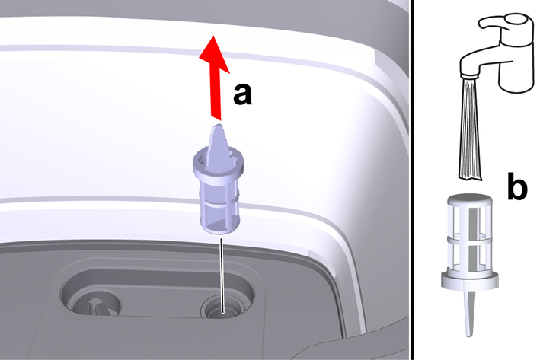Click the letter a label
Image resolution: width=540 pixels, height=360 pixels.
pyautogui.click(x=242, y=94)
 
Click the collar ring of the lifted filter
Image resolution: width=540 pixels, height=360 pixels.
pyautogui.click(x=219, y=162)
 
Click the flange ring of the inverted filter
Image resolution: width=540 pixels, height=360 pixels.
pyautogui.click(x=469, y=279)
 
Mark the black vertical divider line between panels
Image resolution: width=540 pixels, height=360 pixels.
pyautogui.click(x=412, y=180)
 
